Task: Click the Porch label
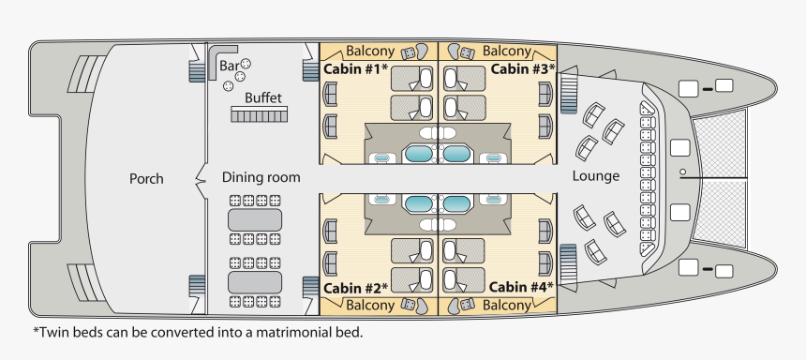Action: click(x=146, y=178)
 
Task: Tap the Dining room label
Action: click(x=261, y=177)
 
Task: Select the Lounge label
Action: click(x=596, y=176)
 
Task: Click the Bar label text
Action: click(x=229, y=66)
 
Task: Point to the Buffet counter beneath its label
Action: click(x=259, y=114)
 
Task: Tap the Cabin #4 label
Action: click(x=521, y=287)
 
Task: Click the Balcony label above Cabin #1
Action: click(x=370, y=51)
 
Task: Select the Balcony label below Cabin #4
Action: click(x=507, y=306)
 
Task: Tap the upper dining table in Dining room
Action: click(x=255, y=219)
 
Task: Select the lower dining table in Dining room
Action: click(x=255, y=282)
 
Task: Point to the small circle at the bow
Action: click(x=682, y=172)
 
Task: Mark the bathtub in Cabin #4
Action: click(x=455, y=203)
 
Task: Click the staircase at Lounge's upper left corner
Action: click(x=569, y=94)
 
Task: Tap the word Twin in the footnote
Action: click(x=52, y=332)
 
